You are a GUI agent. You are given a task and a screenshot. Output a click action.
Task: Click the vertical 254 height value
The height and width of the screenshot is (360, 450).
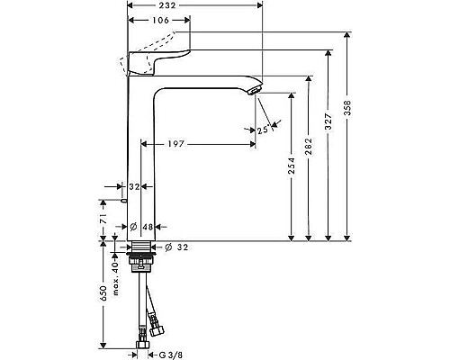(292, 167)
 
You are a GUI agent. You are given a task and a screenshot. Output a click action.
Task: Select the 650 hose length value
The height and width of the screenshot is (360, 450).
(103, 293)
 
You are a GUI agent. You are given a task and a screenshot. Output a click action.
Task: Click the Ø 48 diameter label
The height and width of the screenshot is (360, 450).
(145, 225)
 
